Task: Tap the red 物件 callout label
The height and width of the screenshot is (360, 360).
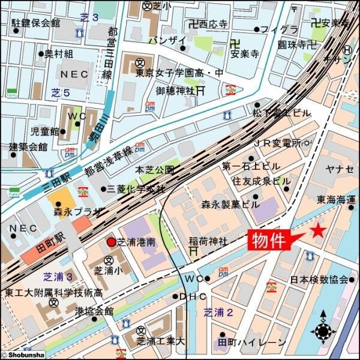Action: point(268,241)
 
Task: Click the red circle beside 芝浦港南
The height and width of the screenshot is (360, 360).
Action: point(111,242)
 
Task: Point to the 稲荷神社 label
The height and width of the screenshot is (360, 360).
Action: point(208,242)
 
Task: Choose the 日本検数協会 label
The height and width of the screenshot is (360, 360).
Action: point(319,280)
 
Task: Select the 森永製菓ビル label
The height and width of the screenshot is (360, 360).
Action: point(230,203)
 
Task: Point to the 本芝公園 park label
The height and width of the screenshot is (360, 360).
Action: point(155,170)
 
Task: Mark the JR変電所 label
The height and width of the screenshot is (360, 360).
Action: point(276,143)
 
